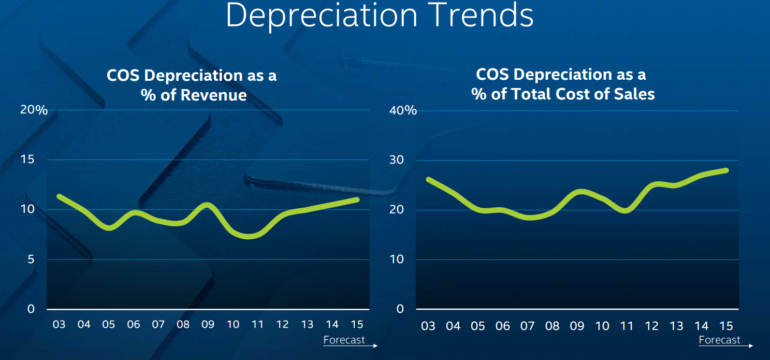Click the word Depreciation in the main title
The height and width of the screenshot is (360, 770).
coord(322,16)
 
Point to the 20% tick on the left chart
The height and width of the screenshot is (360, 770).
coord(34,110)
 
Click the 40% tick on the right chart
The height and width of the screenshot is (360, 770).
coord(402,110)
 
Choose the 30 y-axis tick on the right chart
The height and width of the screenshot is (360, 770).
coord(397,160)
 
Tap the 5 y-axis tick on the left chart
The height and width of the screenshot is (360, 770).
coord(31,259)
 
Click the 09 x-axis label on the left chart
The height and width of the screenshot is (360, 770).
coord(208,325)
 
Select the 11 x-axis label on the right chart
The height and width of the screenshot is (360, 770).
coord(627,326)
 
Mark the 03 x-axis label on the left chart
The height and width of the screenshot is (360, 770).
coord(59,325)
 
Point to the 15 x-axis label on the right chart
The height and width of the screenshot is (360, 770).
coord(726,326)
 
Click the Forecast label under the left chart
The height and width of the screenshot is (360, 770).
coord(344,340)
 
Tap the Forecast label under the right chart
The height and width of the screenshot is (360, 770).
coord(719,340)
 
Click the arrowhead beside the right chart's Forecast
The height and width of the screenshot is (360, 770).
coord(751,345)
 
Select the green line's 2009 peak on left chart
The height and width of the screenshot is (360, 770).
coord(207,205)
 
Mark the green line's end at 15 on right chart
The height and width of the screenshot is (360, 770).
coord(727,170)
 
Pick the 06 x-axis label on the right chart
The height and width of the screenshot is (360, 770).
coord(502,326)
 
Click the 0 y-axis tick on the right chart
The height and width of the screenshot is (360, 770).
coord(400,309)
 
